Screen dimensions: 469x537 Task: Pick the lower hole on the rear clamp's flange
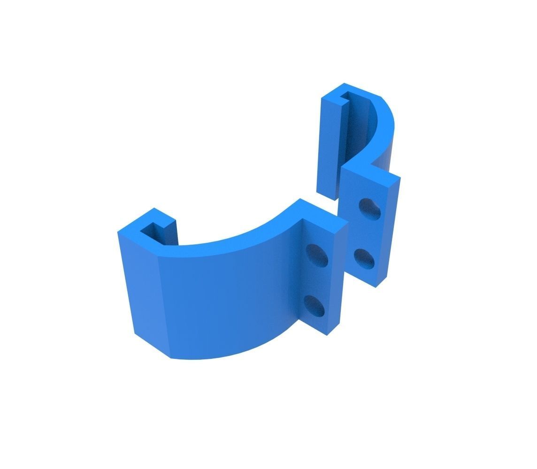[364, 258]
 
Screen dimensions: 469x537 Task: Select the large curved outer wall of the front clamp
[225, 300]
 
